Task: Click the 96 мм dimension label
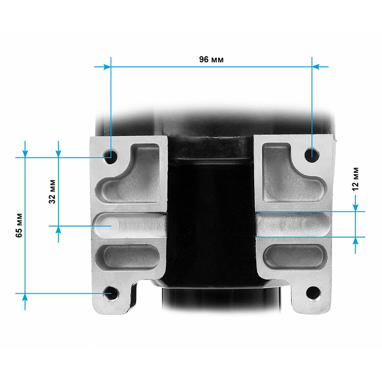click(x=211, y=59)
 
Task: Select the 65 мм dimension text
click(x=19, y=225)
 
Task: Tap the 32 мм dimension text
click(x=52, y=191)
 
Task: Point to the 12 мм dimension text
click(x=356, y=179)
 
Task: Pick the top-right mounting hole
click(x=312, y=154)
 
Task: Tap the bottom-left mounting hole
click(x=111, y=293)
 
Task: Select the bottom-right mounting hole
click(x=313, y=292)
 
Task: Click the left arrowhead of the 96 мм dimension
click(x=107, y=67)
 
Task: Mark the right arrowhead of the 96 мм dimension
click(x=315, y=66)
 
